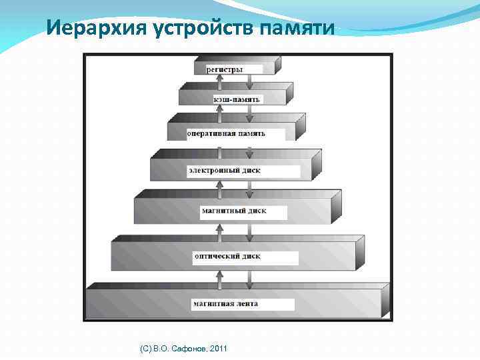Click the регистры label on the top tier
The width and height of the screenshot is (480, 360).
pyautogui.click(x=224, y=69)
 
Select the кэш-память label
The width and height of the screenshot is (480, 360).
pyautogui.click(x=238, y=99)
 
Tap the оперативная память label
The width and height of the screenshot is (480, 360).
pyautogui.click(x=225, y=133)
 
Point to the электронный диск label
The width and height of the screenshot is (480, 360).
pyautogui.click(x=224, y=171)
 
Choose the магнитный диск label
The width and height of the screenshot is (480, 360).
pyautogui.click(x=233, y=211)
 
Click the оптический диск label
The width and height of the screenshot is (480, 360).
pyautogui.click(x=227, y=256)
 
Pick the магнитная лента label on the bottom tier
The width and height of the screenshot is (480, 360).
pyautogui.click(x=225, y=304)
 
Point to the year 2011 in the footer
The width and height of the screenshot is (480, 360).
pyautogui.click(x=218, y=349)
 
